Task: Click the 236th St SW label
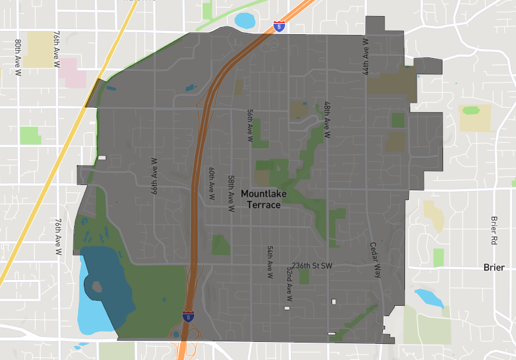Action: point(312,266)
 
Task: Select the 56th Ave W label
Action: point(250,125)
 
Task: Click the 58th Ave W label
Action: point(230,194)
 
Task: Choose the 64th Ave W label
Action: point(155,176)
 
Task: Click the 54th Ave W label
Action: point(270,261)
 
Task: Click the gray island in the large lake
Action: point(97,286)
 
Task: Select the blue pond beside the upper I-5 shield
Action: point(245,21)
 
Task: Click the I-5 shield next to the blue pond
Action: point(279,26)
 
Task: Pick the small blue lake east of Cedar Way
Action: point(428,298)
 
